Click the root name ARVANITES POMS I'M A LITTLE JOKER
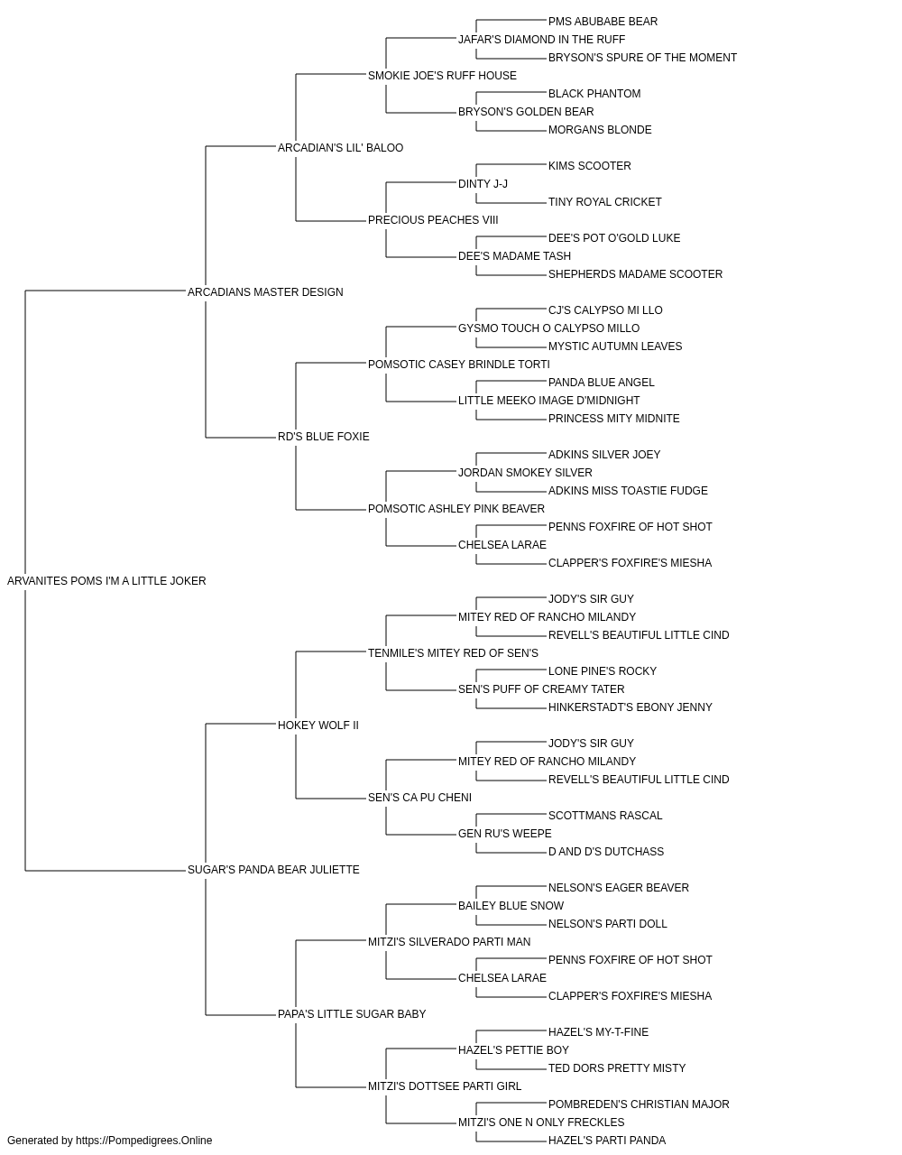tap(106, 581)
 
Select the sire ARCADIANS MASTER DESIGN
tap(265, 292)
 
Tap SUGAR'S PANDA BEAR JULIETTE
tap(273, 870)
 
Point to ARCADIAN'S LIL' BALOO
tap(340, 148)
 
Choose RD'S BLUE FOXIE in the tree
tap(323, 437)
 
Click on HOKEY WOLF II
tap(318, 725)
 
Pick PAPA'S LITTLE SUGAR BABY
tap(352, 1014)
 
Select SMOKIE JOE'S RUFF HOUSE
tap(442, 76)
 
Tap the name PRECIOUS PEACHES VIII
tap(433, 220)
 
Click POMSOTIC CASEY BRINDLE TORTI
tap(458, 365)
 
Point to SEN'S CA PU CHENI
tap(419, 798)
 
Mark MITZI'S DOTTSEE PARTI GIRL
tap(445, 1086)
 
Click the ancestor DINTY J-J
tap(483, 184)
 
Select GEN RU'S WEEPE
tap(504, 834)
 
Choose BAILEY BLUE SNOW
tap(511, 906)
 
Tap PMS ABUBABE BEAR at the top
tap(603, 22)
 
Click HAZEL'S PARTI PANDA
tap(607, 1141)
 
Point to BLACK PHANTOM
tap(594, 94)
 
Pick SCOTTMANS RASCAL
tap(605, 816)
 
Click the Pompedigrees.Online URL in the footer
tap(144, 1141)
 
